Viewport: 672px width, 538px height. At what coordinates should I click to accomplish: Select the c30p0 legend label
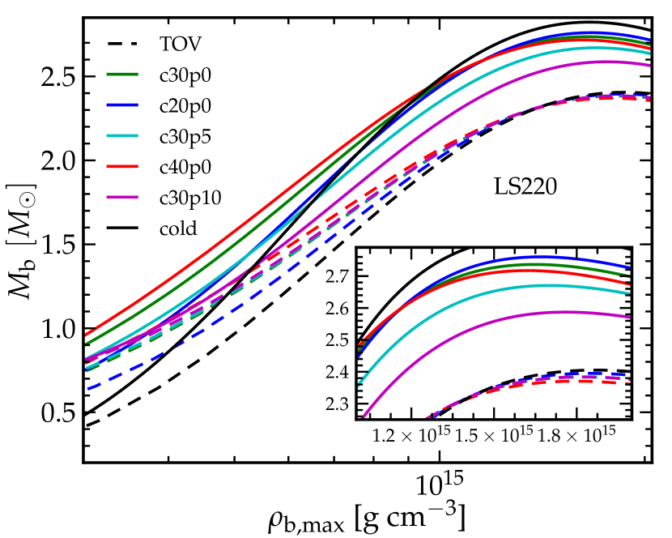182,76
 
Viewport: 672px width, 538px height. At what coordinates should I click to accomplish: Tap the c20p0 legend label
182,106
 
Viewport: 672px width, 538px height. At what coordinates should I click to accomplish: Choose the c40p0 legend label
182,167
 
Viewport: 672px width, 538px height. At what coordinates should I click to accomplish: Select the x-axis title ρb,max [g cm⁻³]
368,516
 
